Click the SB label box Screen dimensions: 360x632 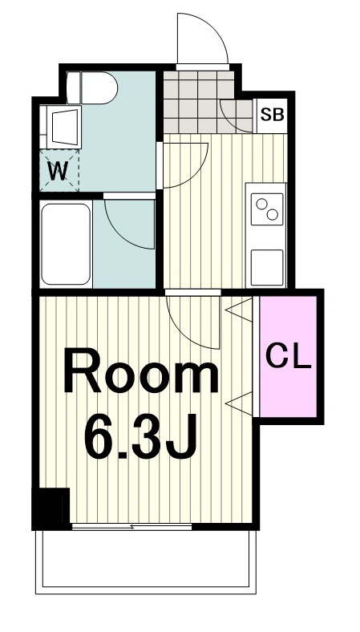(x=272, y=115)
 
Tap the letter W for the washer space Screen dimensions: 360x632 (x=59, y=172)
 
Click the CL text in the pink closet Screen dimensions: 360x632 (x=289, y=356)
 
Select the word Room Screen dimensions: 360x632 (x=140, y=373)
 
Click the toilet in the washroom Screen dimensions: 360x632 (x=92, y=87)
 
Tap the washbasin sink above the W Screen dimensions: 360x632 (x=63, y=127)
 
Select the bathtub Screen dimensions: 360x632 (x=66, y=245)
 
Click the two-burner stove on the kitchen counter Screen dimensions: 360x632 (x=267, y=209)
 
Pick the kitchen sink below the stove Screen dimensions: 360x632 (x=267, y=268)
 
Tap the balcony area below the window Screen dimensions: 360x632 (x=146, y=561)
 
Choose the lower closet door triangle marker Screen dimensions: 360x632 (x=240, y=403)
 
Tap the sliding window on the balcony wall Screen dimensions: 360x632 (x=131, y=526)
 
